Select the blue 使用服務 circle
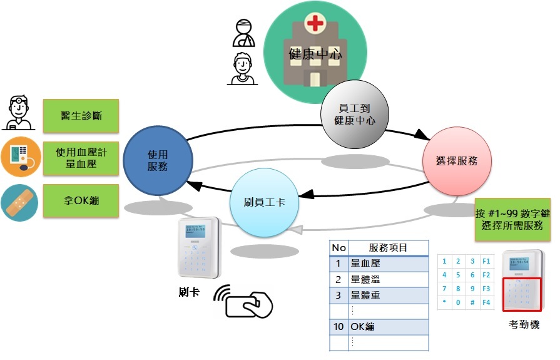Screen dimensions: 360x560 [157, 161]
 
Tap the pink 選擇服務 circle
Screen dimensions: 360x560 [457, 161]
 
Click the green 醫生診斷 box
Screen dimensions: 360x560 [81, 116]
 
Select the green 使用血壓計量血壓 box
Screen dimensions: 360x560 [81, 158]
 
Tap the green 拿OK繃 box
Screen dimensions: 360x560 [81, 201]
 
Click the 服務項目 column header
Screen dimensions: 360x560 [388, 248]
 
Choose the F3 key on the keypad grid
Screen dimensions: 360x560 [487, 289]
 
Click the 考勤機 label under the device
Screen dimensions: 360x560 [524, 325]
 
